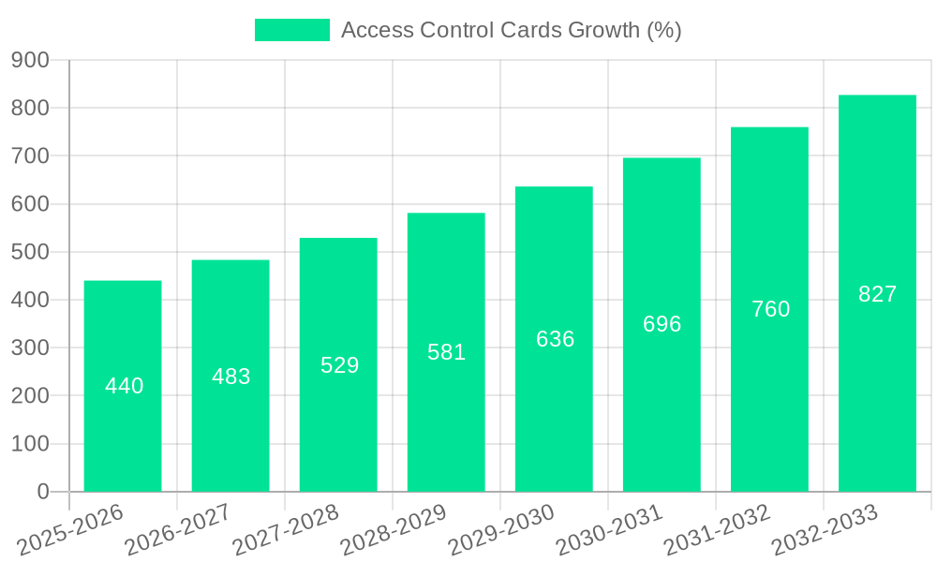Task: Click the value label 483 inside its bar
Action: [231, 377]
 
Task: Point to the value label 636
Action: [556, 339]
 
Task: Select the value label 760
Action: [771, 309]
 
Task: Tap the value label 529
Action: [340, 365]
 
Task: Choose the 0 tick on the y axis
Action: [42, 492]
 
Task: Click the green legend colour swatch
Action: [292, 30]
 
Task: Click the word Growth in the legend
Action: [604, 30]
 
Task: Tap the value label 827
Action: [878, 294]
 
